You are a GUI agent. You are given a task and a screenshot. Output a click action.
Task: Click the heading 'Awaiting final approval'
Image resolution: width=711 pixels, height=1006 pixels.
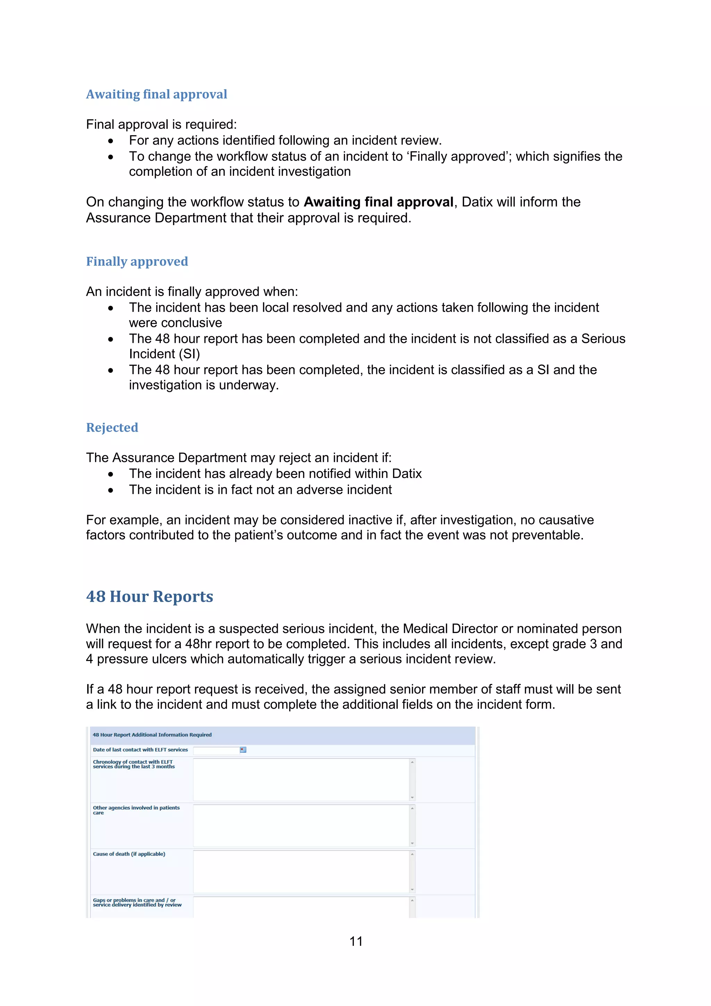[x=156, y=94]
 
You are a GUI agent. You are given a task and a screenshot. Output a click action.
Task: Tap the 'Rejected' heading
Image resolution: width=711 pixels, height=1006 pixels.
[x=112, y=428]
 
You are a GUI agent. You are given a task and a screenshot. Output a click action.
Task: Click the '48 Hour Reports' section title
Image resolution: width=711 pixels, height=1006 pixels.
[x=149, y=597]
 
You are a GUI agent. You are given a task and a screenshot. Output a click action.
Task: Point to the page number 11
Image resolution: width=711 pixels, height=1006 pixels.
[x=356, y=941]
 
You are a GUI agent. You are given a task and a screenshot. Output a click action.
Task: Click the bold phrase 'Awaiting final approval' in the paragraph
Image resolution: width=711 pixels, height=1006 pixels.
[x=378, y=202]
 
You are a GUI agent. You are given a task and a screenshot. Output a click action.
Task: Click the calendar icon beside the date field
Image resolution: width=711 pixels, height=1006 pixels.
[x=243, y=750]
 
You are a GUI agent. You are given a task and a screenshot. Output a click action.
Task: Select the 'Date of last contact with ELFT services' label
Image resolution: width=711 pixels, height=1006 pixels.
[x=140, y=750]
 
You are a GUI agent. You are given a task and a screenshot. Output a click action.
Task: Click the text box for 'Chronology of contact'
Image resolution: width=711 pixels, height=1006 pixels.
[x=301, y=780]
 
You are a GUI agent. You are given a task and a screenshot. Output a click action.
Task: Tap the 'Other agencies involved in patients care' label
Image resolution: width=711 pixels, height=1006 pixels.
[x=136, y=810]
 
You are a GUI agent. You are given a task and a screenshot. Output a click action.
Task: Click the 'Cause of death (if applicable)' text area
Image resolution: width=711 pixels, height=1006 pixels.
[x=301, y=872]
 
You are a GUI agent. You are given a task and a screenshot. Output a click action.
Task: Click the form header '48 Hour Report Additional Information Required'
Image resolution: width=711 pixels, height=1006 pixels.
[x=152, y=735]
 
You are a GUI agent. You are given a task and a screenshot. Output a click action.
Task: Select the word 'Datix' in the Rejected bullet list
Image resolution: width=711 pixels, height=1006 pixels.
[x=407, y=473]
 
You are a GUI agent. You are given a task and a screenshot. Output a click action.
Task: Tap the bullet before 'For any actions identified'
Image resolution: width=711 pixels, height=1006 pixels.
[x=111, y=141]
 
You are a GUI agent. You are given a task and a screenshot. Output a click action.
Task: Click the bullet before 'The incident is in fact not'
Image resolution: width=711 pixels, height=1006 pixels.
[x=111, y=490]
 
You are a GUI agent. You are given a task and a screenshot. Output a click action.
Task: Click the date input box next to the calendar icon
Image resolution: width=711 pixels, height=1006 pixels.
[x=216, y=750]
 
